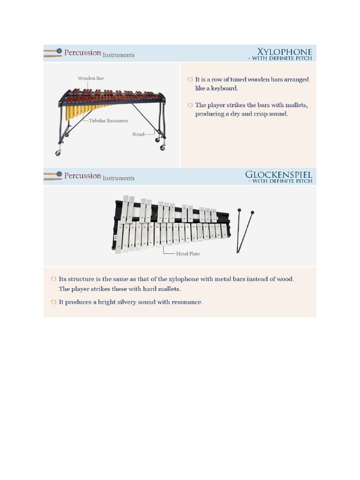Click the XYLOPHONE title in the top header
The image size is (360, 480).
[x=285, y=52]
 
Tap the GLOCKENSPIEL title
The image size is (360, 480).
[x=278, y=175]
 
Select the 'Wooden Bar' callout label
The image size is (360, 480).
[x=91, y=79]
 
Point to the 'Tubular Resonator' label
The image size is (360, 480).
[x=109, y=121]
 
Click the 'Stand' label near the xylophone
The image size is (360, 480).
[x=138, y=135]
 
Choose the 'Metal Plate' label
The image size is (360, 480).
[x=188, y=254]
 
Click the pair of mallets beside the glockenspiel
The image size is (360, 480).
[x=245, y=230]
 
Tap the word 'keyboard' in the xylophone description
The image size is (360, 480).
[x=224, y=88]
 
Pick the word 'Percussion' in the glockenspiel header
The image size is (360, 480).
[x=82, y=176]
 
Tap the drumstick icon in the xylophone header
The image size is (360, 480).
[x=53, y=52]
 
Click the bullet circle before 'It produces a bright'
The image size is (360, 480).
[x=54, y=302]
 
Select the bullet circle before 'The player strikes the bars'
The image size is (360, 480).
[x=190, y=105]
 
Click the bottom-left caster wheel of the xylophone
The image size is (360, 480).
[x=59, y=153]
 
